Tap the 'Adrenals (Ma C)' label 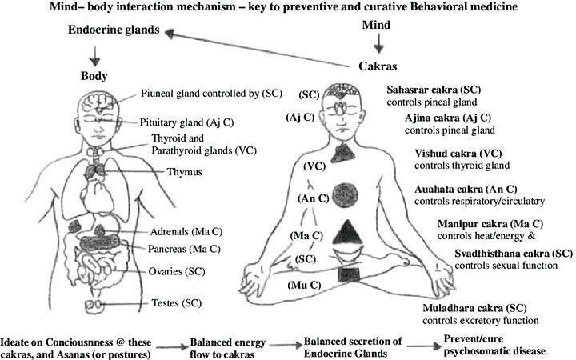[190, 231]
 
